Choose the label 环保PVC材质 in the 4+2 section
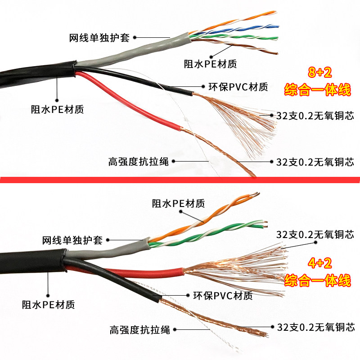(x=223, y=296)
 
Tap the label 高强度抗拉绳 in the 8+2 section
(x=139, y=161)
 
